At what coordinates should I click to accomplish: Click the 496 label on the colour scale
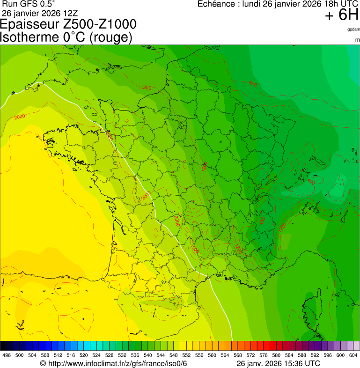tap(7, 355)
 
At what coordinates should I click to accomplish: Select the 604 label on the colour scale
tap(353, 355)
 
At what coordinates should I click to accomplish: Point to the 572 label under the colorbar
tap(250, 355)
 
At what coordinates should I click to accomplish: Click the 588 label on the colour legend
tap(302, 355)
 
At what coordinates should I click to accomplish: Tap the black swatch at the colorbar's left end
tap(4, 346)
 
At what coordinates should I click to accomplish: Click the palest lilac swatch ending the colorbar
tap(356, 346)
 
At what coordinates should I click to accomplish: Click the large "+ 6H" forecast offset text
tap(341, 15)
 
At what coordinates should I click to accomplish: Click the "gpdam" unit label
tap(353, 29)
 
